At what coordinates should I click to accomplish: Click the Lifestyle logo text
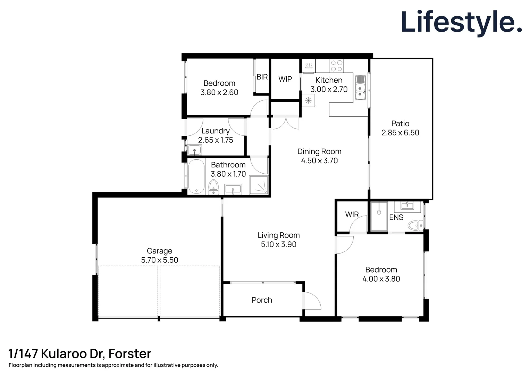[x=461, y=22]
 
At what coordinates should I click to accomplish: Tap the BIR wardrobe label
[x=262, y=77]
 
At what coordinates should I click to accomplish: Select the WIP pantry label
[x=285, y=79]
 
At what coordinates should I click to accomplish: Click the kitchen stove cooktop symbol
[x=336, y=66]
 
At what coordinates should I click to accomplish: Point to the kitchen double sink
[x=360, y=87]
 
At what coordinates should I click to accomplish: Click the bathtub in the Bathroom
[x=196, y=177]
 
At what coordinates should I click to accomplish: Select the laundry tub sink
[x=194, y=150]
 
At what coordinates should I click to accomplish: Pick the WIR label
[x=352, y=215]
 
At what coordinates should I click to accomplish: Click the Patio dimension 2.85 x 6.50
[x=400, y=133]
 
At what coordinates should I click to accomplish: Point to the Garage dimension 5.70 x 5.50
[x=159, y=260]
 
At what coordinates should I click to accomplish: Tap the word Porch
[x=262, y=300]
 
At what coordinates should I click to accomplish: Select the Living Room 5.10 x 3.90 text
[x=278, y=244]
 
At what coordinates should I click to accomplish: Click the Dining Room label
[x=319, y=151]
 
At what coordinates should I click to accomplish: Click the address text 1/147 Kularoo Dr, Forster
[x=80, y=353]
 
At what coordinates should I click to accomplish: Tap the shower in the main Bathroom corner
[x=259, y=185]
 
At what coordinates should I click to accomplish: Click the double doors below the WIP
[x=286, y=123]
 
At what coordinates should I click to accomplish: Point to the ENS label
[x=396, y=217]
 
